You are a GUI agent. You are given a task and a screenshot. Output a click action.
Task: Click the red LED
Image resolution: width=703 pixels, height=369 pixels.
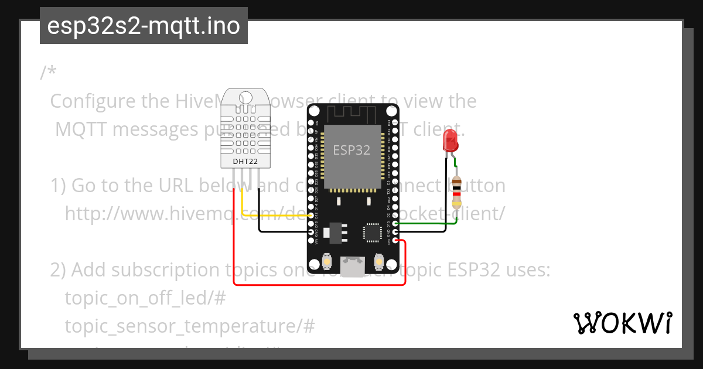click(x=451, y=141)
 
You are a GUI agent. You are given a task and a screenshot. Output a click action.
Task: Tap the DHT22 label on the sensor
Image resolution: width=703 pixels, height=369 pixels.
click(x=244, y=161)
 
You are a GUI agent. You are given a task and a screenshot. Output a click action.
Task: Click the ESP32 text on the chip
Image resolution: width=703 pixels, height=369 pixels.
click(x=351, y=150)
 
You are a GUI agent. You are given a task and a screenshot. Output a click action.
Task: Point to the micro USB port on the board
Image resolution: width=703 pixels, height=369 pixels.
click(x=353, y=266)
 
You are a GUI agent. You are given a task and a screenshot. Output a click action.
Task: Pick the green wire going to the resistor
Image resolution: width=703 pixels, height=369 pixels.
click(x=428, y=223)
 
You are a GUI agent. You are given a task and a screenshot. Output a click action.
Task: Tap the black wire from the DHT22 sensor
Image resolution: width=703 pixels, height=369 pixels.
click(x=281, y=232)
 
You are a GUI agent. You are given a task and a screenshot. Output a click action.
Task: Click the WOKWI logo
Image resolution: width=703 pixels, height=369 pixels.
click(x=623, y=323)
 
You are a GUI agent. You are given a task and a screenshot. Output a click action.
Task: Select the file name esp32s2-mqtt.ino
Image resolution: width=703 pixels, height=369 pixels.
click(x=144, y=26)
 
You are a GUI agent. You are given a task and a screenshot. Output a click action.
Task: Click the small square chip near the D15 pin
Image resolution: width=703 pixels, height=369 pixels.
click(x=372, y=233)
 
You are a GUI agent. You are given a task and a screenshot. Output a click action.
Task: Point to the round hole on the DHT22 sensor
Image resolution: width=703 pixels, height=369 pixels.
click(x=244, y=96)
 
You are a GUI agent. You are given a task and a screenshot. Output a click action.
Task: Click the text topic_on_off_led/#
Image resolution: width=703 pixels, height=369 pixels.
click(x=145, y=298)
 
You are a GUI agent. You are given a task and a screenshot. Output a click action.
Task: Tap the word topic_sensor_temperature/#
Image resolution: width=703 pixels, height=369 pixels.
click(x=190, y=326)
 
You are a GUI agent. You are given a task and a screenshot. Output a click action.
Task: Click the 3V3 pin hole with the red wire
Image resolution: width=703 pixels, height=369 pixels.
click(x=397, y=240)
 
